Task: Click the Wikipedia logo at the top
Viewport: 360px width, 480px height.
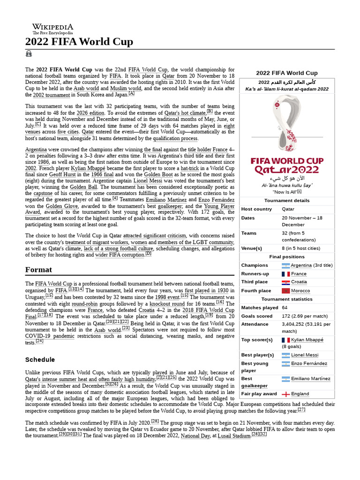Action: click(52, 29)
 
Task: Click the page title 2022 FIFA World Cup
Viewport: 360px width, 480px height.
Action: click(79, 42)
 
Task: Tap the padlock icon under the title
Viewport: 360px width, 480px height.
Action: click(29, 54)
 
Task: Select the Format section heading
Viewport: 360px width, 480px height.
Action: click(38, 270)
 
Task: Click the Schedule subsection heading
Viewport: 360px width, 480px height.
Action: click(40, 360)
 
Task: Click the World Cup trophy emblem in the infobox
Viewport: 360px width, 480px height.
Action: click(286, 124)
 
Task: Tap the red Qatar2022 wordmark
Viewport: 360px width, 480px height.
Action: click(286, 170)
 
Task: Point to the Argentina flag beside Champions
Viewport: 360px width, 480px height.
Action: click(285, 265)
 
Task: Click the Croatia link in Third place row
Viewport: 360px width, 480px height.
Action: click(299, 282)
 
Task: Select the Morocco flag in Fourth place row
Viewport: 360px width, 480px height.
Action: click(285, 291)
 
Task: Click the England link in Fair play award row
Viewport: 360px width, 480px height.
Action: click(300, 394)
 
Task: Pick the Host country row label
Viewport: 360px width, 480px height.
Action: click(256, 209)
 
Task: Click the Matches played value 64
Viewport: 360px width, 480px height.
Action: click(285, 307)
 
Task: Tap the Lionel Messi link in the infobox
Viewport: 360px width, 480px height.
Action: click(304, 355)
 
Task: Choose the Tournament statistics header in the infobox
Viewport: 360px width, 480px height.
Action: click(286, 299)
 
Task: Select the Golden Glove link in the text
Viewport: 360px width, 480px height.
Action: click(60, 206)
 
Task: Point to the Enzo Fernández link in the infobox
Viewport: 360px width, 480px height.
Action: click(309, 363)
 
